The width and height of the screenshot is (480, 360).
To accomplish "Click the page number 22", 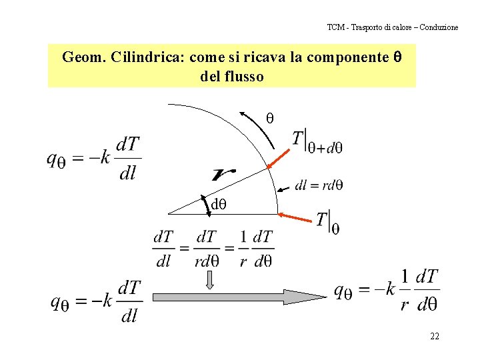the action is (x=434, y=336).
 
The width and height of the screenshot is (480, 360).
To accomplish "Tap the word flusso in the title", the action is (x=245, y=77).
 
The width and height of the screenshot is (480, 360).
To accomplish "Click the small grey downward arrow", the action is (x=210, y=279).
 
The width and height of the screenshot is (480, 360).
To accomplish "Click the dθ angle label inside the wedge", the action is (x=219, y=204).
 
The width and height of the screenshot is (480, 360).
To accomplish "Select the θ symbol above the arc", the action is (x=270, y=118).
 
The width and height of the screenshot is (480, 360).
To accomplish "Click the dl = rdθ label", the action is (x=319, y=185).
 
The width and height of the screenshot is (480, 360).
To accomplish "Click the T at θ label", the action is (x=327, y=221).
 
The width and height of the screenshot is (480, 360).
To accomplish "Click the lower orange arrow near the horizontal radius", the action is (x=297, y=217).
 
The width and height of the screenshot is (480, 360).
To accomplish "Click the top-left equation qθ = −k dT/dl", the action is (x=94, y=159).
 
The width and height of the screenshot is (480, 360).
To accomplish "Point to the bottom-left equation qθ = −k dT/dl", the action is (x=97, y=301).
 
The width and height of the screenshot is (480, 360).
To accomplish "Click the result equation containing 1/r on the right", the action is (x=386, y=291).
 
